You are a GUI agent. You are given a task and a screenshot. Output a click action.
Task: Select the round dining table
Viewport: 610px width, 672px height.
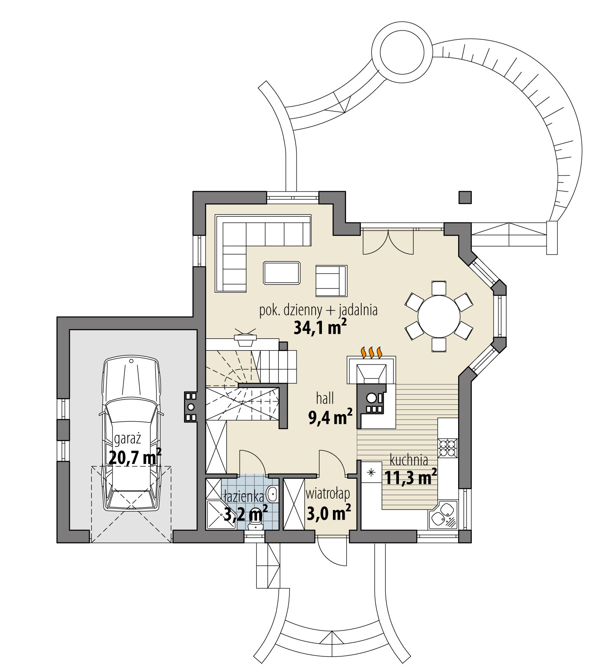pyautogui.click(x=439, y=316)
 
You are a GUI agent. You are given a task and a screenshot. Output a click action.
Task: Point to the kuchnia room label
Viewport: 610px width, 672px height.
pyautogui.click(x=409, y=460)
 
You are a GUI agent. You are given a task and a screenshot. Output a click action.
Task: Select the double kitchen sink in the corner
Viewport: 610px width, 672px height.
pyautogui.click(x=442, y=515)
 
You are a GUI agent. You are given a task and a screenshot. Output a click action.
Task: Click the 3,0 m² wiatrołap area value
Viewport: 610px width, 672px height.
pyautogui.click(x=328, y=514)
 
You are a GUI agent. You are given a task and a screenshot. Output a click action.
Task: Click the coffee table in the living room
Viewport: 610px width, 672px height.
pyautogui.click(x=282, y=273)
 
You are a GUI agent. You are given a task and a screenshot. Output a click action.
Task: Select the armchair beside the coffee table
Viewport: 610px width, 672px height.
pyautogui.click(x=331, y=281)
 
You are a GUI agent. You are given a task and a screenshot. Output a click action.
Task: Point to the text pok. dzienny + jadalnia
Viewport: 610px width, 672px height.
pyautogui.click(x=318, y=310)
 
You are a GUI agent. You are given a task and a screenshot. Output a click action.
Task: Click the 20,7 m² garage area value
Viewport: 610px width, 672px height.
pyautogui.click(x=135, y=457)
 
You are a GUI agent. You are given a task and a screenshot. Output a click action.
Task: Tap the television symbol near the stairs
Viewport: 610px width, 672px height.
pyautogui.click(x=245, y=337)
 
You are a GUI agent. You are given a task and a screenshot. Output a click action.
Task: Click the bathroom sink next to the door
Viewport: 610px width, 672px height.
pyautogui.click(x=273, y=493)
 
